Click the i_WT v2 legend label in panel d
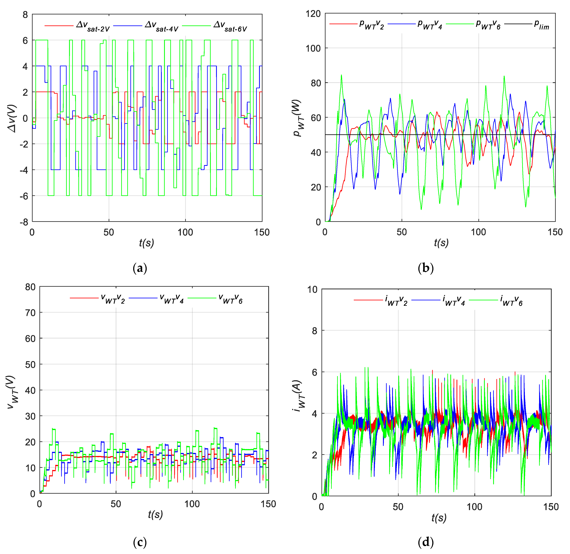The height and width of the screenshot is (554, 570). [x=396, y=300]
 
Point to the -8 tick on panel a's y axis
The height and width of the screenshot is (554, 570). [x=24, y=222]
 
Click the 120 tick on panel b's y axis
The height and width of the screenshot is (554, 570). [x=313, y=14]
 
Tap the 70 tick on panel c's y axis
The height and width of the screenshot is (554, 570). [x=30, y=313]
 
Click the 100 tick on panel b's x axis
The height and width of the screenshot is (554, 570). [x=479, y=232]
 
